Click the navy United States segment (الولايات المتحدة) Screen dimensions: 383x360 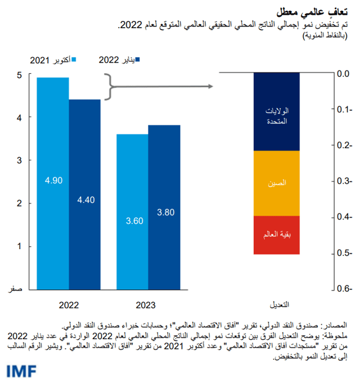click(x=277, y=112)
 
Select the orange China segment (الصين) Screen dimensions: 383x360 click(x=277, y=183)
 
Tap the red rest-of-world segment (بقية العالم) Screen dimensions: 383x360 click(x=277, y=235)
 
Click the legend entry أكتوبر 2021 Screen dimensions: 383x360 click(x=50, y=60)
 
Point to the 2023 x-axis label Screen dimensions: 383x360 click(x=148, y=303)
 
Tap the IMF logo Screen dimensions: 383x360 click(x=21, y=370)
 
